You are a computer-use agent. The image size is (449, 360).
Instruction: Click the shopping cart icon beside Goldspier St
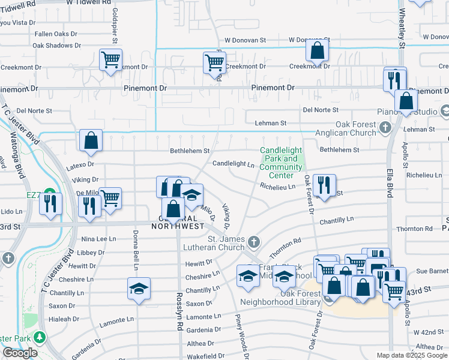(x=111, y=61)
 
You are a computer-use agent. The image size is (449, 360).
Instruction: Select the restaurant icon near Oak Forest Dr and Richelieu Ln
(x=324, y=185)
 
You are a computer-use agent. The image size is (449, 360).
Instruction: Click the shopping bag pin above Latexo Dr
(x=90, y=140)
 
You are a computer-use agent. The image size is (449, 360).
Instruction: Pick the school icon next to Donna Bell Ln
(x=139, y=289)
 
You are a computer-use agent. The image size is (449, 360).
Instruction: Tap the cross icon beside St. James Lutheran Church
(x=254, y=242)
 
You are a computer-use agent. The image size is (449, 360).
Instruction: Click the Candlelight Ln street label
(x=234, y=163)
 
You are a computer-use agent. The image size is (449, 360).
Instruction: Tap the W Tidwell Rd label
(x=89, y=2)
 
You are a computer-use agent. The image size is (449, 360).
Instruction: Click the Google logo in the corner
(x=20, y=353)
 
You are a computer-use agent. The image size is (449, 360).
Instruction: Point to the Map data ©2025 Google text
(x=411, y=355)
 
